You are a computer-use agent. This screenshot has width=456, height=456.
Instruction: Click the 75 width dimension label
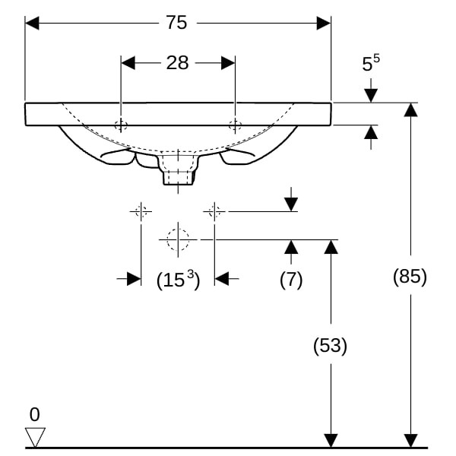(176, 23)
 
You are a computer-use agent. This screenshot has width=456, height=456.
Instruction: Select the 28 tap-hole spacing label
(177, 62)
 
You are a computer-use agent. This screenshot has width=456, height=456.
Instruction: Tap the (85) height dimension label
(410, 277)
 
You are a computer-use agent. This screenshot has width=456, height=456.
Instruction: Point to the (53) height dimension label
(330, 346)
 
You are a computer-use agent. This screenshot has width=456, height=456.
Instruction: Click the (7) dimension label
(290, 279)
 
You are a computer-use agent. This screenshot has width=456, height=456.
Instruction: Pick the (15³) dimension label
(178, 280)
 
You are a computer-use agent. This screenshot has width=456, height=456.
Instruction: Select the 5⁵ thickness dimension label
(370, 64)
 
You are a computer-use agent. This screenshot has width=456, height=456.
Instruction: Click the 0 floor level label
(34, 415)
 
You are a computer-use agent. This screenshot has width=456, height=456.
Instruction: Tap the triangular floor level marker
(35, 437)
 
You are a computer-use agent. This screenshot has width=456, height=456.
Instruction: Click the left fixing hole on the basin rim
(121, 125)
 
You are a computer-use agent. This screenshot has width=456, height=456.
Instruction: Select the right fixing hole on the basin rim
(235, 125)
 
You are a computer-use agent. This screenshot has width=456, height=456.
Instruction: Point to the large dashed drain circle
(178, 239)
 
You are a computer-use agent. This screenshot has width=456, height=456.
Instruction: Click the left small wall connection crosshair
(141, 211)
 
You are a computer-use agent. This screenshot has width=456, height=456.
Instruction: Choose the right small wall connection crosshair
(215, 211)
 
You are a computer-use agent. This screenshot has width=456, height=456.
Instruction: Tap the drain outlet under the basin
(178, 175)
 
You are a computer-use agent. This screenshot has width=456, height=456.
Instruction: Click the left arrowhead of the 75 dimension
(32, 23)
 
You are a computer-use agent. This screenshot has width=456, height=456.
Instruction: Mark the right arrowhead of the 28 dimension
(227, 62)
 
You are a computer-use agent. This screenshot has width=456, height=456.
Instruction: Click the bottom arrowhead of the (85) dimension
(410, 440)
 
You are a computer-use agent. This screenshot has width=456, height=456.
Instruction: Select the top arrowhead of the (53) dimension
(330, 246)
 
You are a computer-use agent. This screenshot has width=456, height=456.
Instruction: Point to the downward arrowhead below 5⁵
(370, 95)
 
